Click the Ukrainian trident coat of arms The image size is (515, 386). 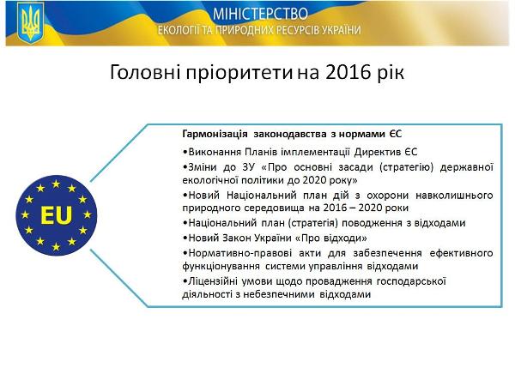tap(30, 23)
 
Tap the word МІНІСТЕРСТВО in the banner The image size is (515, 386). tap(260, 14)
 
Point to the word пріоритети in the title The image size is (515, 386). tap(239, 73)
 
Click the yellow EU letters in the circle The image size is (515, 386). tap(57, 215)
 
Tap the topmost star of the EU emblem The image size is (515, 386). tap(56, 184)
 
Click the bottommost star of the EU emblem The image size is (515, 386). tap(56, 246)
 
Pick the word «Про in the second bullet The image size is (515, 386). tap(274, 167)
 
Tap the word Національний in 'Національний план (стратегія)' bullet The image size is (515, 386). tap(222, 223)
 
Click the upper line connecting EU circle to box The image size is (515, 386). tap(119, 153)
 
